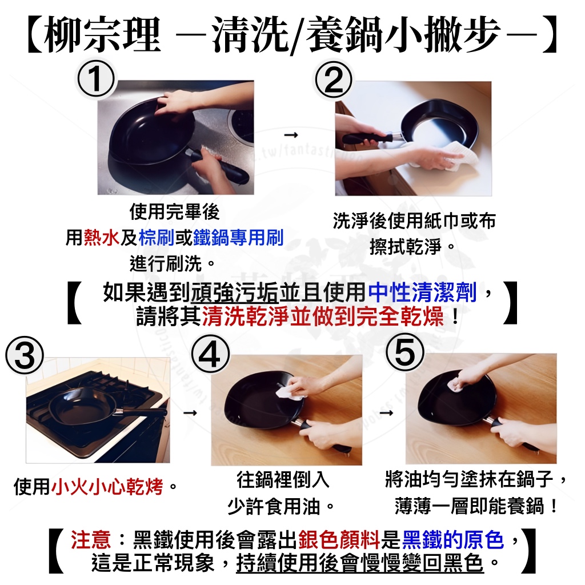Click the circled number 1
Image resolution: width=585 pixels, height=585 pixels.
pyautogui.click(x=95, y=79)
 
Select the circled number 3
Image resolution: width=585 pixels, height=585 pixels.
pyautogui.click(x=25, y=355)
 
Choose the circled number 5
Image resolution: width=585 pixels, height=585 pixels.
pyautogui.click(x=405, y=352)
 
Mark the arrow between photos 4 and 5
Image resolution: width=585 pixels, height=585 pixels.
pyautogui.click(x=387, y=412)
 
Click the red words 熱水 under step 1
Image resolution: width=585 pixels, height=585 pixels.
pyautogui.click(x=102, y=238)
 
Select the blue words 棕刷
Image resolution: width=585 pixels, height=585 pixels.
pyautogui.click(x=157, y=238)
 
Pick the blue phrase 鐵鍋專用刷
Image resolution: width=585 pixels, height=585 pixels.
pyautogui.click(x=238, y=238)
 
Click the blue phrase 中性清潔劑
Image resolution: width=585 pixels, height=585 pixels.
pyautogui.click(x=422, y=292)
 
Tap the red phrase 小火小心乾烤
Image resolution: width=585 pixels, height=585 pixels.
pyautogui.click(x=107, y=487)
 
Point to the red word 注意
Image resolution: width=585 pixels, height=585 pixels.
pyautogui.click(x=91, y=539)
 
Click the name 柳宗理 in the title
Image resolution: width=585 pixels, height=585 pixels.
pyautogui.click(x=103, y=35)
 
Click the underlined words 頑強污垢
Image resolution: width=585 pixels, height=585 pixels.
pyautogui.click(x=234, y=292)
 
